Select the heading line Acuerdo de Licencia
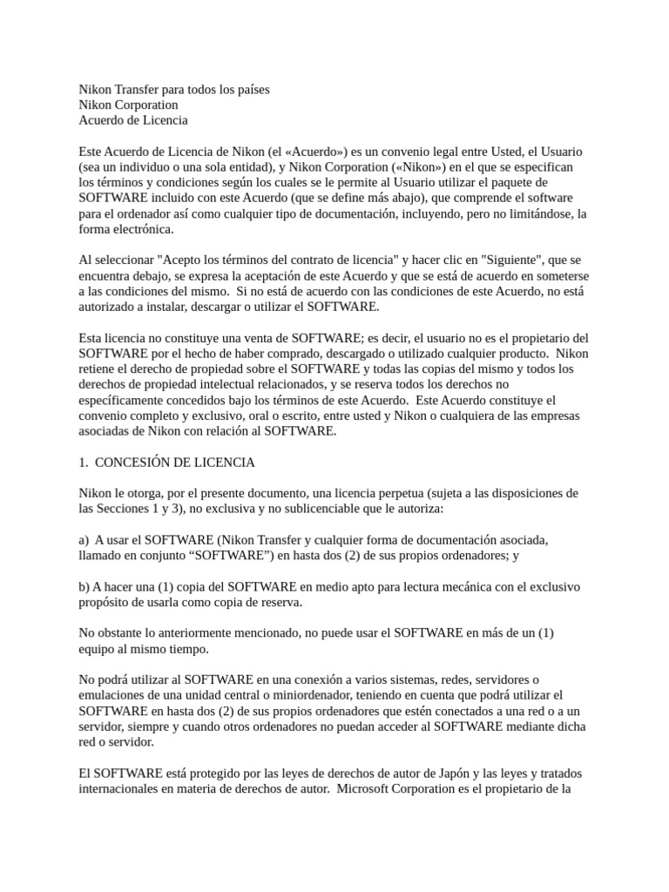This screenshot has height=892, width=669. click(133, 120)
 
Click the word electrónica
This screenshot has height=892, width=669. click(142, 230)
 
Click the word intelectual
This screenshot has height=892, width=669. click(260, 369)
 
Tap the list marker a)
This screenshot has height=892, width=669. click(84, 540)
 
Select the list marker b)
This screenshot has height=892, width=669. click(84, 587)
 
